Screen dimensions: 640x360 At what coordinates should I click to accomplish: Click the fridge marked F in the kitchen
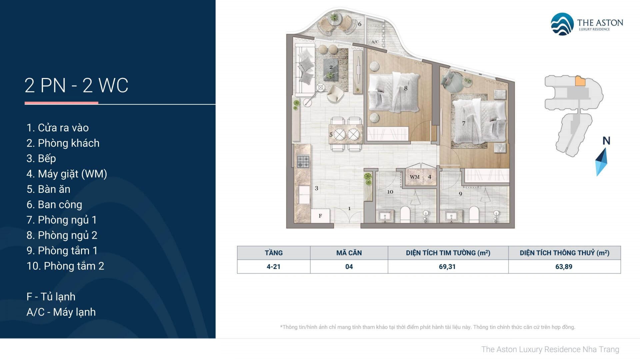320,216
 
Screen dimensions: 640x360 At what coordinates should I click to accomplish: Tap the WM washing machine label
415,177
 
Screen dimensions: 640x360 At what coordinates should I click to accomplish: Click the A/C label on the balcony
375,42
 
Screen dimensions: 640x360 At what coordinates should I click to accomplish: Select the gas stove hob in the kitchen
303,162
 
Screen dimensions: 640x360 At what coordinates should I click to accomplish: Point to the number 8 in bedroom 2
406,88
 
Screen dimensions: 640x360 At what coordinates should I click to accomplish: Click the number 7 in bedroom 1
463,123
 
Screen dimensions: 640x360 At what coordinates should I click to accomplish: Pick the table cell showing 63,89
564,267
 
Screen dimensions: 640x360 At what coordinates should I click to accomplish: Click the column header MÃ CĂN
349,253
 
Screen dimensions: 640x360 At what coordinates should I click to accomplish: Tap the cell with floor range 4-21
274,267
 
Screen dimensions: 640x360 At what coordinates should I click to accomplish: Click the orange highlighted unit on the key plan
580,81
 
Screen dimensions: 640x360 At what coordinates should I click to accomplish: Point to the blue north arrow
601,162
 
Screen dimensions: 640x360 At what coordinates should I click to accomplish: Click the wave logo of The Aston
562,24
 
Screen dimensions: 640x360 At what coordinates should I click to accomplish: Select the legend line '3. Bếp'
41,159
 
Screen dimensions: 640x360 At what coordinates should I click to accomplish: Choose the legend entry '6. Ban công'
54,205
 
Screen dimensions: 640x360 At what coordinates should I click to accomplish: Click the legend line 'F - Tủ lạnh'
51,297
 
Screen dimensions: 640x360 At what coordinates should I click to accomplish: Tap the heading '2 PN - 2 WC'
76,85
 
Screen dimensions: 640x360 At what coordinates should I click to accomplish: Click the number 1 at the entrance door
349,209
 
